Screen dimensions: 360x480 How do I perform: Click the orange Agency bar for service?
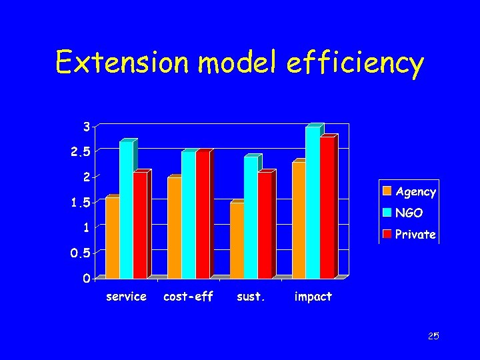pos(112,238)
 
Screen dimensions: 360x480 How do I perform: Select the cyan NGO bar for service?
pos(126,210)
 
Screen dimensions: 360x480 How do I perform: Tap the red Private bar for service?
pos(140,225)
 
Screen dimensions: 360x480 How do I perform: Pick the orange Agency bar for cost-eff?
pos(174,228)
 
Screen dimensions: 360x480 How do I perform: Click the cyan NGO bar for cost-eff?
pos(188,215)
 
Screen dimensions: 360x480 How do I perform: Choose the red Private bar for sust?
pos(265,225)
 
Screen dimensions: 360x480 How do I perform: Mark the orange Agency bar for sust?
pos(237,240)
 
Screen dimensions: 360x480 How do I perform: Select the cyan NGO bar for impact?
pos(313,203)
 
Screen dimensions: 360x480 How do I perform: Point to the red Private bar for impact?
pos(327,208)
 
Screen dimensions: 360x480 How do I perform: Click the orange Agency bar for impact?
pos(299,220)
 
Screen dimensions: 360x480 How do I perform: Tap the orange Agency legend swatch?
pos(387,192)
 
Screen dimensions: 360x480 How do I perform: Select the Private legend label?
pos(415,235)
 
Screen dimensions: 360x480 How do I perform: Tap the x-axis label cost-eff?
pos(188,297)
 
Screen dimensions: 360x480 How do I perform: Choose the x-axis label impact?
pos(313,297)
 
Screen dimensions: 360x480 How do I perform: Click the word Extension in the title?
pos(124,63)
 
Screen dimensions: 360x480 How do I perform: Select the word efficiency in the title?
pos(361,63)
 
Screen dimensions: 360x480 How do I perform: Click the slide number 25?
pos(433,337)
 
